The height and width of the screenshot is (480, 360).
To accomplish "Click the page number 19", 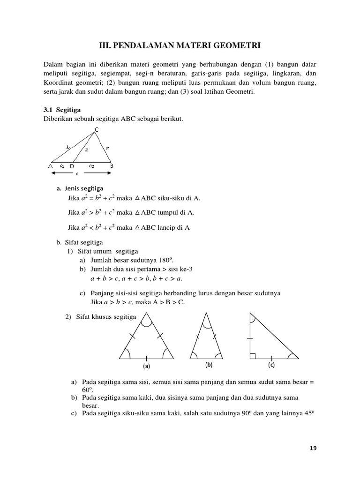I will click(313, 448).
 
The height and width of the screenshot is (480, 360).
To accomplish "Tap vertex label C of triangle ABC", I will click(97, 130).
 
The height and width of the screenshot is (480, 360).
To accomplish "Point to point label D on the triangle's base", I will click(72, 166).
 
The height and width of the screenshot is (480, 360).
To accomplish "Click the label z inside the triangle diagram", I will click(86, 150).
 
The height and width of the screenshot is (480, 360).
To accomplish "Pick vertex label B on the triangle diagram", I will click(112, 165).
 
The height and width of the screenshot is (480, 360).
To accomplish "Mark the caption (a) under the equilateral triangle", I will click(146, 366).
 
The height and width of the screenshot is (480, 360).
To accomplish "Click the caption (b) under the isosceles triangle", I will click(209, 365).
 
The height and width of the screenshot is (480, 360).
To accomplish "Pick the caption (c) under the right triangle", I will click(271, 365).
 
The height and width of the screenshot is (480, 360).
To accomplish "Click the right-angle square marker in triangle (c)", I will click(253, 356).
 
